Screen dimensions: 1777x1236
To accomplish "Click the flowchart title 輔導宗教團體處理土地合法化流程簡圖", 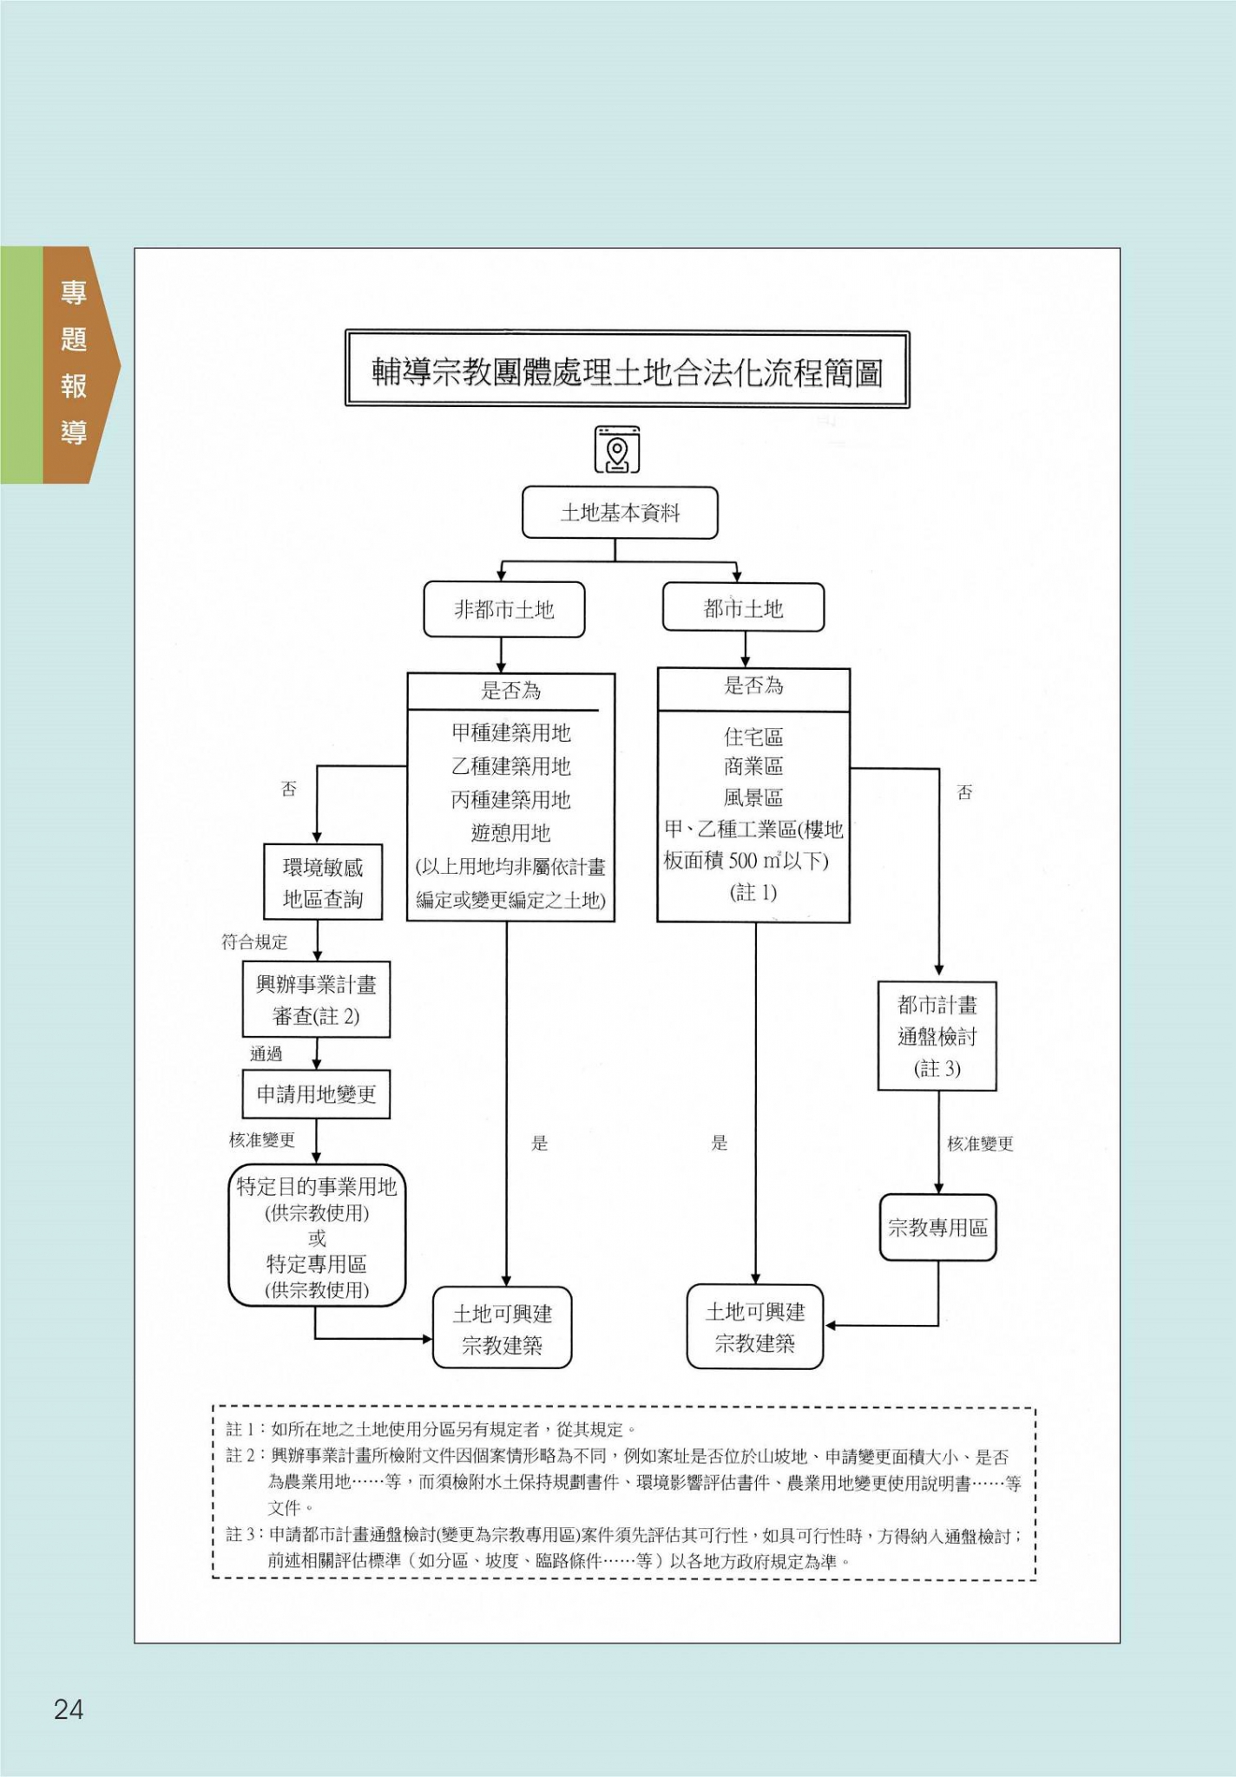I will [627, 371].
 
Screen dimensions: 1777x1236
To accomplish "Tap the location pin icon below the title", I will [617, 449].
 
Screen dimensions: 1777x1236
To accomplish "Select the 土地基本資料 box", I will [620, 513].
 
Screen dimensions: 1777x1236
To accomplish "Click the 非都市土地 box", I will [503, 610].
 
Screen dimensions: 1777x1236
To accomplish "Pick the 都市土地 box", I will [743, 608].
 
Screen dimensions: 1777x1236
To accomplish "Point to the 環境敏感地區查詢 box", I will [323, 882].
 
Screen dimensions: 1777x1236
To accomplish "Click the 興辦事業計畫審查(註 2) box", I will [316, 1000].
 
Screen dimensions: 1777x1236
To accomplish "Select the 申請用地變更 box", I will [316, 1094].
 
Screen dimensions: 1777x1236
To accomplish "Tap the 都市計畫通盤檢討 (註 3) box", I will [937, 1036].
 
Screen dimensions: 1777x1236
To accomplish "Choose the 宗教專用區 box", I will [937, 1228].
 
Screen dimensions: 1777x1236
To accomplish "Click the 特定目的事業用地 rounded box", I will [317, 1236].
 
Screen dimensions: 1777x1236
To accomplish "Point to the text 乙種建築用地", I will [510, 766].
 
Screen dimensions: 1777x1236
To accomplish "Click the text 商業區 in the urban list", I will [753, 767].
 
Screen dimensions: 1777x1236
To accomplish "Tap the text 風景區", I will [753, 798].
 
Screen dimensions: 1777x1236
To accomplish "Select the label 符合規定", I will [254, 942].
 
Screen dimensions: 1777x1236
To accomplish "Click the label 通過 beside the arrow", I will [266, 1054].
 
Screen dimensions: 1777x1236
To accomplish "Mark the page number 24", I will [69, 1708].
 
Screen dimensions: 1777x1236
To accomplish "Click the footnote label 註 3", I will [240, 1535].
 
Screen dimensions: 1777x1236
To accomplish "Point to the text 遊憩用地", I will [510, 833].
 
